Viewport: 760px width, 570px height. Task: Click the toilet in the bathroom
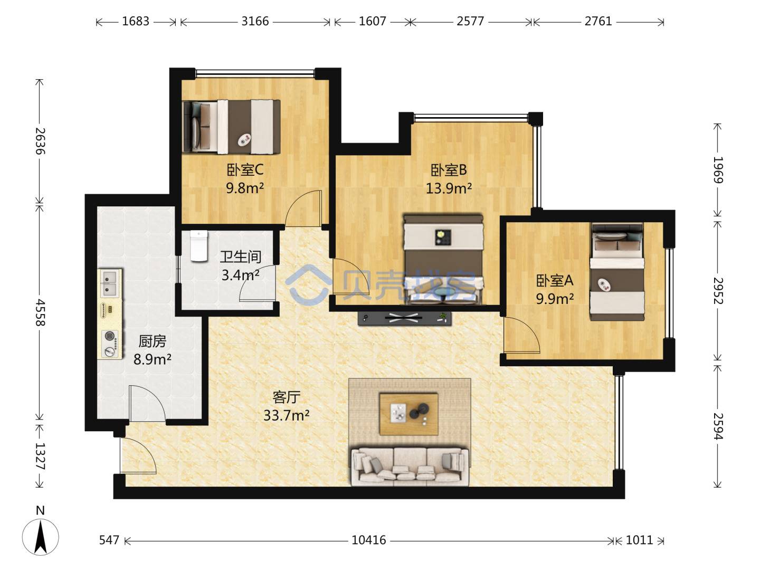point(199,246)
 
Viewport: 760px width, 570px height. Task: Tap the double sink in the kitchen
point(111,283)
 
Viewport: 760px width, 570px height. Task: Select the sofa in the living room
point(410,467)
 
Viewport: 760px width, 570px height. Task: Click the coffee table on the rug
point(408,414)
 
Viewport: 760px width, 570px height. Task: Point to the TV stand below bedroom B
point(404,318)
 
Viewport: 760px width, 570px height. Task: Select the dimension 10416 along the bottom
point(369,540)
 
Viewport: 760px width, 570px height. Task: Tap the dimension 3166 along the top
point(255,22)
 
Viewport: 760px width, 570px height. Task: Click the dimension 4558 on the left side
point(41,312)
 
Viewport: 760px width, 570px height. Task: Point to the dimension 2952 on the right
point(718,291)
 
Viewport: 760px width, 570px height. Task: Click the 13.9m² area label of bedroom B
point(449,188)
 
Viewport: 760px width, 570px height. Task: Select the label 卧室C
point(245,169)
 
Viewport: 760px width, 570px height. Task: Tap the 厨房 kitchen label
point(153,341)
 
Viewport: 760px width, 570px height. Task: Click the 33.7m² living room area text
point(287,415)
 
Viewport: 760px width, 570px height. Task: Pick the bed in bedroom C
point(231,127)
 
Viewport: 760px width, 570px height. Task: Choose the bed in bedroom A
point(617,272)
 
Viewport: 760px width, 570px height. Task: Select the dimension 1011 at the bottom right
point(639,540)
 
